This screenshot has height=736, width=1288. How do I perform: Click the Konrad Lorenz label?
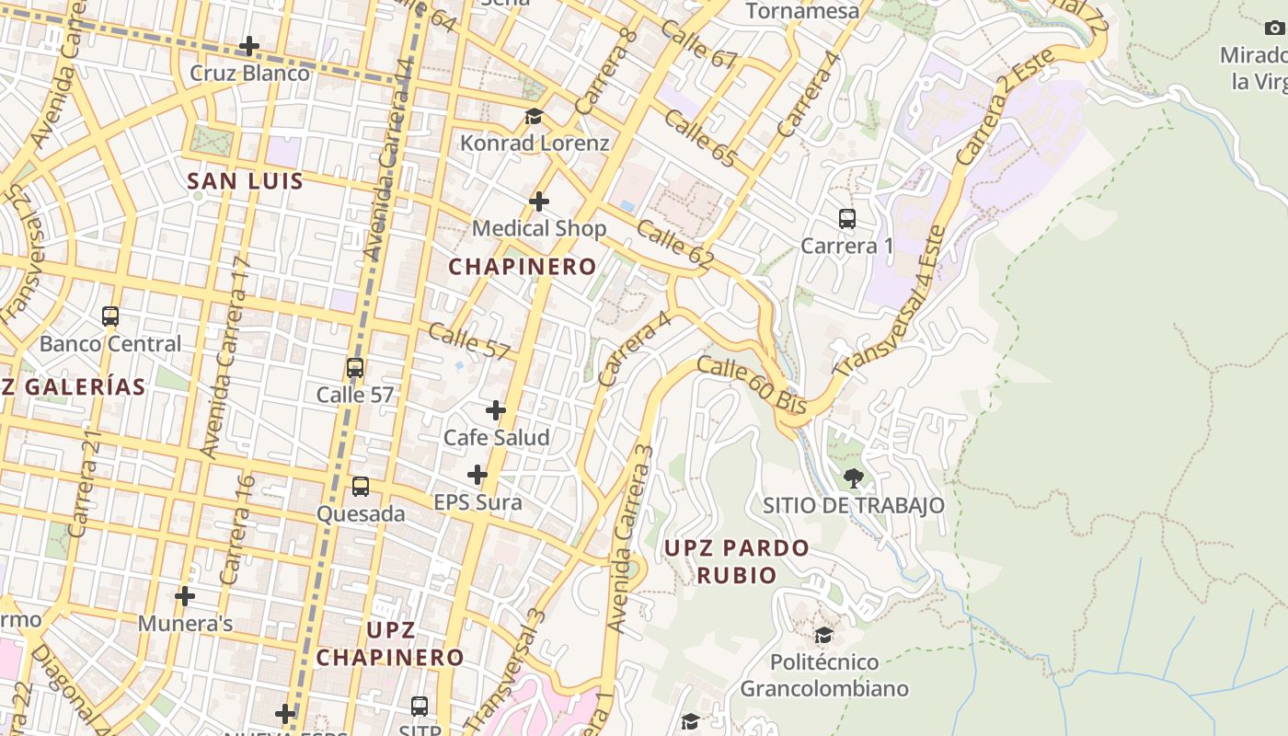[x=535, y=144]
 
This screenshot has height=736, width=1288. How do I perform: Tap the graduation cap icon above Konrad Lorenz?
[x=534, y=117]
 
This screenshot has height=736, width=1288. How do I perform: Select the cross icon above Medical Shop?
[x=539, y=201]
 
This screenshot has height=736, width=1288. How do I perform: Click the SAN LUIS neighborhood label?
[x=246, y=181]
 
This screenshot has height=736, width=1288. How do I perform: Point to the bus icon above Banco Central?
[x=110, y=316]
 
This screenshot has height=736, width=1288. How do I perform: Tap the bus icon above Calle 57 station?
[x=355, y=368]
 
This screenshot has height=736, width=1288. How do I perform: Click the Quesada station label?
[x=361, y=514]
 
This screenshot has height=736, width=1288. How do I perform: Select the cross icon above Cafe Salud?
[x=496, y=410]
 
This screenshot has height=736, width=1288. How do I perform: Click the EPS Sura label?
[x=477, y=502]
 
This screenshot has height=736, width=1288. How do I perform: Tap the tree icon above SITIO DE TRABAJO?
[x=854, y=477]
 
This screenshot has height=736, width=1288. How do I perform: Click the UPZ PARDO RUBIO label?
[x=737, y=561]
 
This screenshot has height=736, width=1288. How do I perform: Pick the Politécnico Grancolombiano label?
[x=824, y=675]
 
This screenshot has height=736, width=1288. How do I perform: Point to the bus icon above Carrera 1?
[x=847, y=219]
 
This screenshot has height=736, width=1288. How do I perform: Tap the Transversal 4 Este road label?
[x=891, y=301]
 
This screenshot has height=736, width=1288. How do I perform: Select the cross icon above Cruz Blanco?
[x=249, y=46]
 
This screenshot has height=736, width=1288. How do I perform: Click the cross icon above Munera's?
[x=185, y=596]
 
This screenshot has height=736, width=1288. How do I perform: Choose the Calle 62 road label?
[x=674, y=245]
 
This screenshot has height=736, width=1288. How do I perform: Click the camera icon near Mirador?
[x=1274, y=29]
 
